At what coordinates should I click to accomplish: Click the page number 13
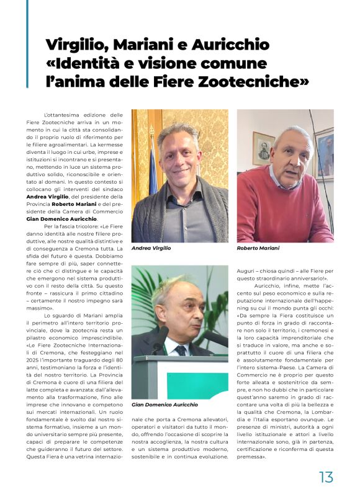click(326, 476)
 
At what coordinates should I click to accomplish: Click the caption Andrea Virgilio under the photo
click(151, 248)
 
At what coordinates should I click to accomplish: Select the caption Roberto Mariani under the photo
click(258, 248)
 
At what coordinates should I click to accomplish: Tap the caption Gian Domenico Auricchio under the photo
click(164, 404)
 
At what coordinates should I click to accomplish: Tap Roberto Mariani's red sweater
click(279, 211)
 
